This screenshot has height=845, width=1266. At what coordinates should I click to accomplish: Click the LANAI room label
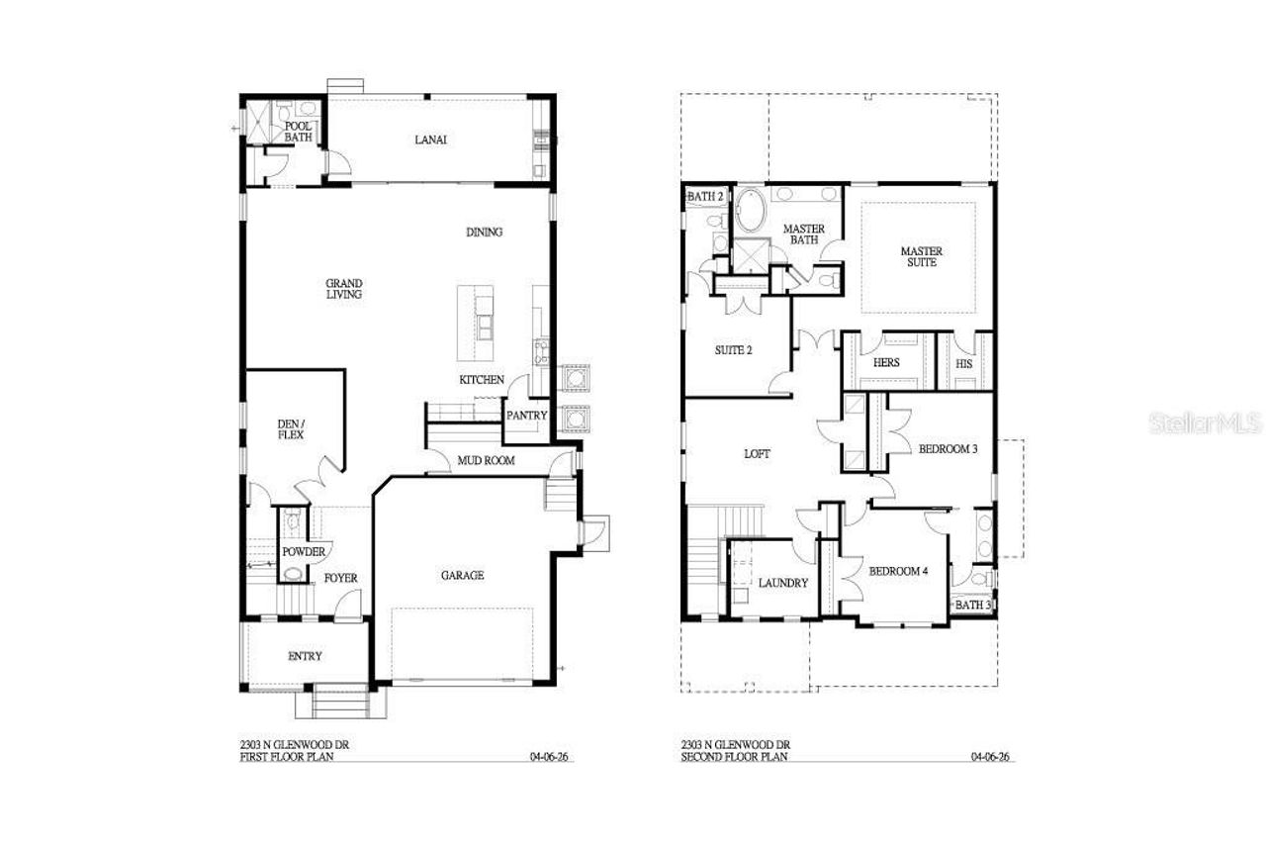[430, 140]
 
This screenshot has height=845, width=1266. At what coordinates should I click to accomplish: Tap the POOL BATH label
[299, 132]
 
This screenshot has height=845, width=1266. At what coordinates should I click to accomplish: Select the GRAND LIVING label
[344, 288]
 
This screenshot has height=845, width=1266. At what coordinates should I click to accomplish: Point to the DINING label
[485, 233]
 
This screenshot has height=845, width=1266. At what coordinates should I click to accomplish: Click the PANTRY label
[526, 416]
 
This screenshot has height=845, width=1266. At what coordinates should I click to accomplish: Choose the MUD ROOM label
[484, 461]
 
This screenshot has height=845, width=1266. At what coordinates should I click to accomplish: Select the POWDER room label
[304, 551]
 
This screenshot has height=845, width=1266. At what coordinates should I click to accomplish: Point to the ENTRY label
[305, 656]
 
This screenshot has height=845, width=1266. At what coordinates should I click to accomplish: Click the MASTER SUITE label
[921, 256]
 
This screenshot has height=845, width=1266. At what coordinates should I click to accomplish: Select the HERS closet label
[886, 363]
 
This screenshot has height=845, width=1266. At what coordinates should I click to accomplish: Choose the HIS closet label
[964, 363]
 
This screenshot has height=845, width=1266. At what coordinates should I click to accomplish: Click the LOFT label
[757, 454]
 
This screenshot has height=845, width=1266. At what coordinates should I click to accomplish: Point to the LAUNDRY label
[784, 583]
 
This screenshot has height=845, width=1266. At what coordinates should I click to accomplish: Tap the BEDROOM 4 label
[898, 570]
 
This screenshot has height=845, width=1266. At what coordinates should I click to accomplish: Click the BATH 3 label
[973, 605]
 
